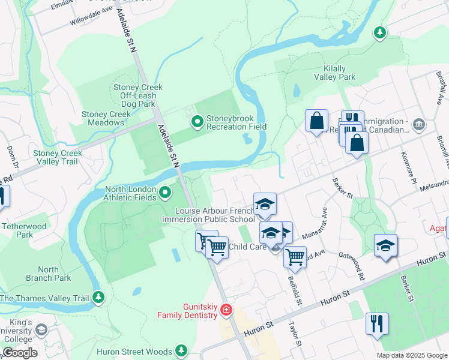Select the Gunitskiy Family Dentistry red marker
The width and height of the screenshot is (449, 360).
click(x=226, y=310)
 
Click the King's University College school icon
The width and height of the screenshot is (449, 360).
click(x=41, y=329)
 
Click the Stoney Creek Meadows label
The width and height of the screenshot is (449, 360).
click(x=106, y=118)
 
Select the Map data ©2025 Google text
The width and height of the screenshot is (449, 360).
click(x=411, y=355)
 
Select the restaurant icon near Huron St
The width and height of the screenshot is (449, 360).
click(x=377, y=323)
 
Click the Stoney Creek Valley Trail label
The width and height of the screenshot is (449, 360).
click(x=58, y=157)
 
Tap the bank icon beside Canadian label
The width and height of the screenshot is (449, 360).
click(x=418, y=124)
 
